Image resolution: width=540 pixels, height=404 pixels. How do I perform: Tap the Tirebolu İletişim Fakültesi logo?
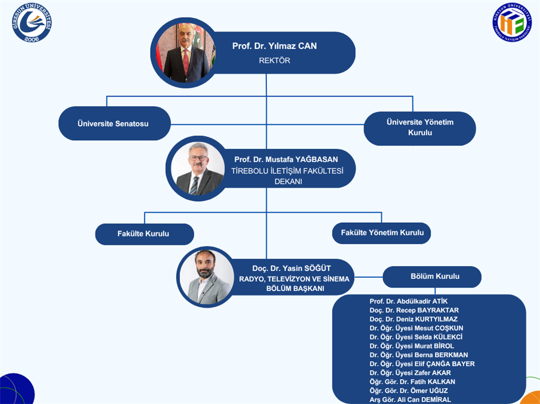point(511,22)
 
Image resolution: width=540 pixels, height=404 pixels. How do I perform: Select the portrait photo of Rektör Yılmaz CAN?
point(186,52)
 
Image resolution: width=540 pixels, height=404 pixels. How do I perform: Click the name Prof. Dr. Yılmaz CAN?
point(274,46)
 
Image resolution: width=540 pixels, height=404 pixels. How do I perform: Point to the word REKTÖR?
point(274,60)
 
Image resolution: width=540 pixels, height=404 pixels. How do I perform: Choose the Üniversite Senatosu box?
point(113,124)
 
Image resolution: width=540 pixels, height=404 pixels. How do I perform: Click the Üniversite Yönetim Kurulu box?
point(420,127)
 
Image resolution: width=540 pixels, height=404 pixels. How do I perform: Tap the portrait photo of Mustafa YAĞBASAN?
point(197,169)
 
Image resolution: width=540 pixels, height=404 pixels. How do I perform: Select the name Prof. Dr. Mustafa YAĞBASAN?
point(286,160)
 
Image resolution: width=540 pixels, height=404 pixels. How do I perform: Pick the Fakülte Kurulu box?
point(144,234)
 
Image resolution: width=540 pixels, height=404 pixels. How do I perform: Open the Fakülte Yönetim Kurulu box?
point(382,233)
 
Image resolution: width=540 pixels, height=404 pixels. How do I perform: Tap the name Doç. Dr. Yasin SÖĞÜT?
point(291,269)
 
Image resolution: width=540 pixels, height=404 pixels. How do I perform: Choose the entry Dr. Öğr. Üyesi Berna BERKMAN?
point(418,355)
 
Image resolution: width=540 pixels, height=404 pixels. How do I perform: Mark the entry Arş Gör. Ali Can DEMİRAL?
point(410,399)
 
